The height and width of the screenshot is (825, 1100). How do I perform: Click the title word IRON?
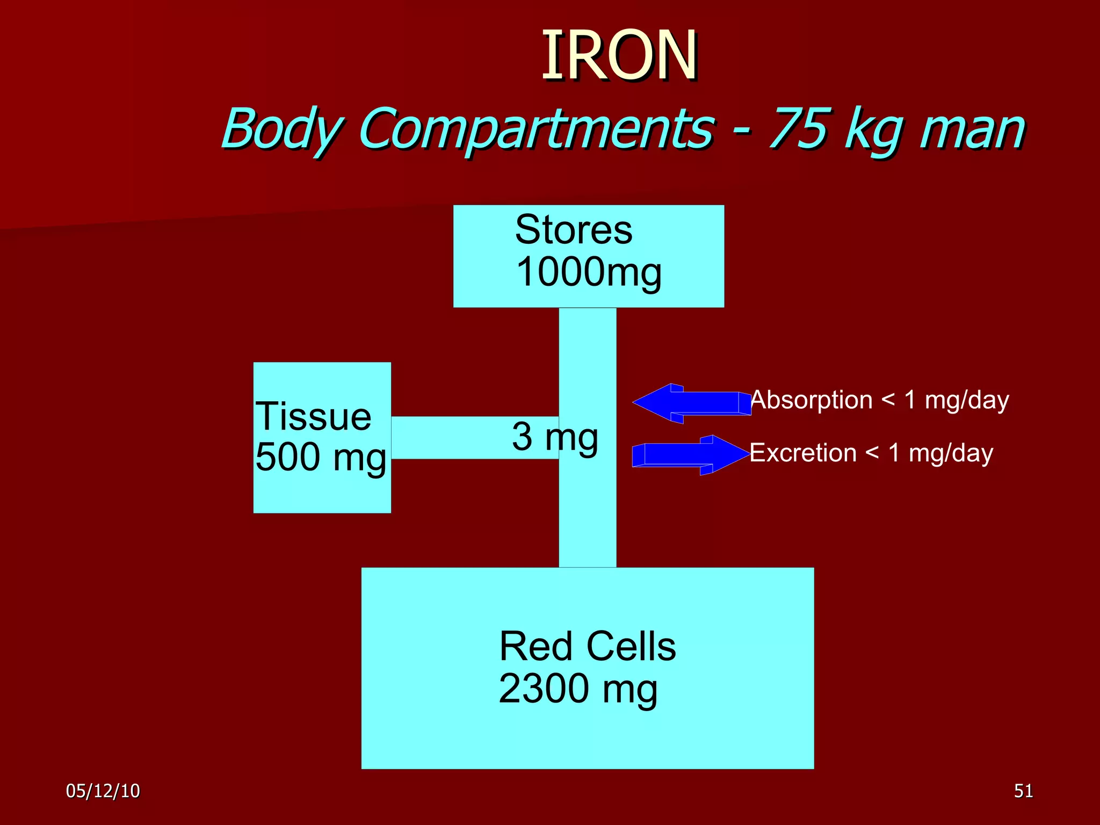tap(619, 55)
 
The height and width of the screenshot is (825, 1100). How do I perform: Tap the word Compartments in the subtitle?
tap(536, 129)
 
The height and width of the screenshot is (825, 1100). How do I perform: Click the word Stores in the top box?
tap(574, 230)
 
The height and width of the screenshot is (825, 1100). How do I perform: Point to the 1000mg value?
tap(588, 272)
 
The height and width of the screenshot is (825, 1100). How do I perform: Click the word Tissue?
tap(313, 417)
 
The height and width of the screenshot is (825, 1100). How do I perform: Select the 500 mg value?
tap(321, 458)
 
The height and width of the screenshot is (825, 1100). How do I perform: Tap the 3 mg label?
tap(555, 437)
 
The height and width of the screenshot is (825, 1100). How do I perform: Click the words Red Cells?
tap(587, 646)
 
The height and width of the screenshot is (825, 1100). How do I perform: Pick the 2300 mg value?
tap(578, 689)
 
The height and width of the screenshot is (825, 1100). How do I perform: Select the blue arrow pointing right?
tap(692, 454)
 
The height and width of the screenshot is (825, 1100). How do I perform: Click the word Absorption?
tap(812, 400)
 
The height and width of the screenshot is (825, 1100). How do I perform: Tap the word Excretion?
tap(803, 453)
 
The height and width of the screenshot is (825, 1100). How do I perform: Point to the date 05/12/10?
tap(103, 791)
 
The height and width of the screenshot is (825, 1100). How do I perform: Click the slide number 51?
tap(1023, 791)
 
